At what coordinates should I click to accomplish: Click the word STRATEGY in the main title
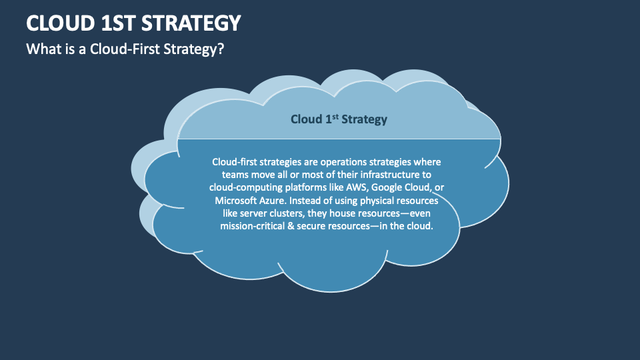191,23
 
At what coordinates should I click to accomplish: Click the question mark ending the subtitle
221,49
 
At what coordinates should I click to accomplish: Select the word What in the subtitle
40,49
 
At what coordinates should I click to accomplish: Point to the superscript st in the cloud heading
335,116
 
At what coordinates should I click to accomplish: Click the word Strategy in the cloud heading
364,119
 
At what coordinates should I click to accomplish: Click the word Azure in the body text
273,201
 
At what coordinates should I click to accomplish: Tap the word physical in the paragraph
377,201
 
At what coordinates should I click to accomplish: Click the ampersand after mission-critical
291,226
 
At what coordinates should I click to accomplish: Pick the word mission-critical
252,226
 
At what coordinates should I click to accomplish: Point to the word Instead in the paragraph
305,201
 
